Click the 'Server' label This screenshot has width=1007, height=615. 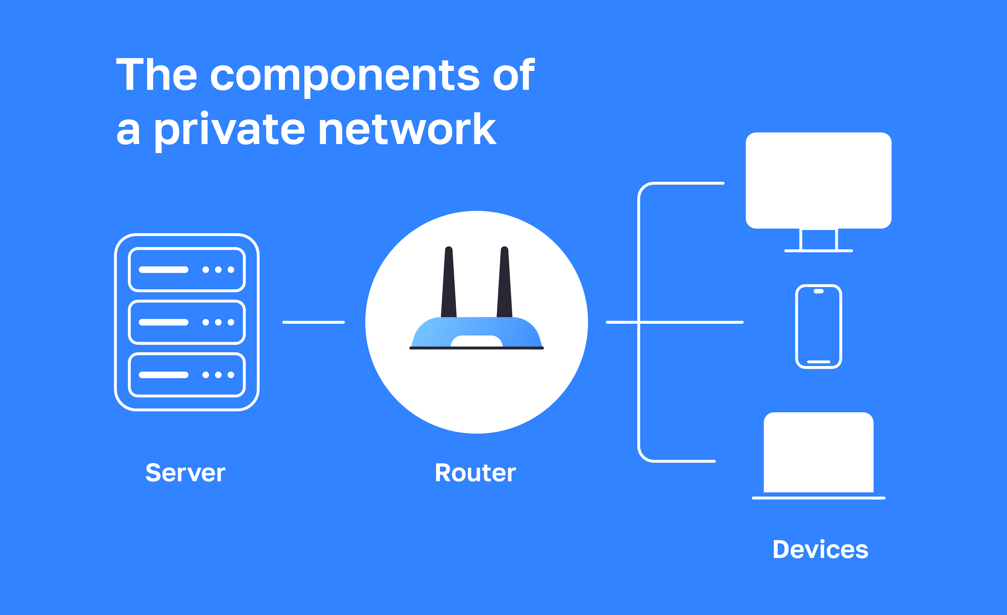point(185,473)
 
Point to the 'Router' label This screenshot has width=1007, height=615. point(475,473)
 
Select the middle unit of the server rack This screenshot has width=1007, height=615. point(187,322)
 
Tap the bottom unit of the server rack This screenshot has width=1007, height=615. point(187,375)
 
